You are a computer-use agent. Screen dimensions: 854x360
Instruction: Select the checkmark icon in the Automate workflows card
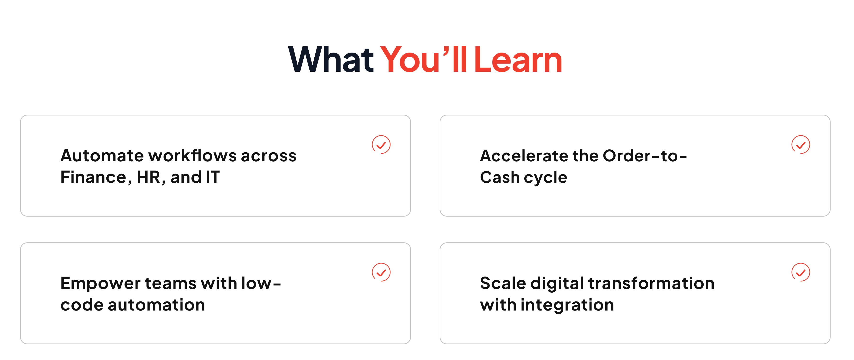[x=381, y=145]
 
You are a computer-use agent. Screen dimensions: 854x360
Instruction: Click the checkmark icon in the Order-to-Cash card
[x=801, y=145]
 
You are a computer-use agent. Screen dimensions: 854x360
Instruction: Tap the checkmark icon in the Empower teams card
[x=381, y=272]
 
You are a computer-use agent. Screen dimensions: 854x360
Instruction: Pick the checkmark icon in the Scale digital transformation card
[x=801, y=272]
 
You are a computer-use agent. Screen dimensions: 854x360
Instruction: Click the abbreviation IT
[x=213, y=177]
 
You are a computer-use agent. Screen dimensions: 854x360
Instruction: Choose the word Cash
[x=500, y=177]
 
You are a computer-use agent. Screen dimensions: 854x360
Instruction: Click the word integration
[x=567, y=305]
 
